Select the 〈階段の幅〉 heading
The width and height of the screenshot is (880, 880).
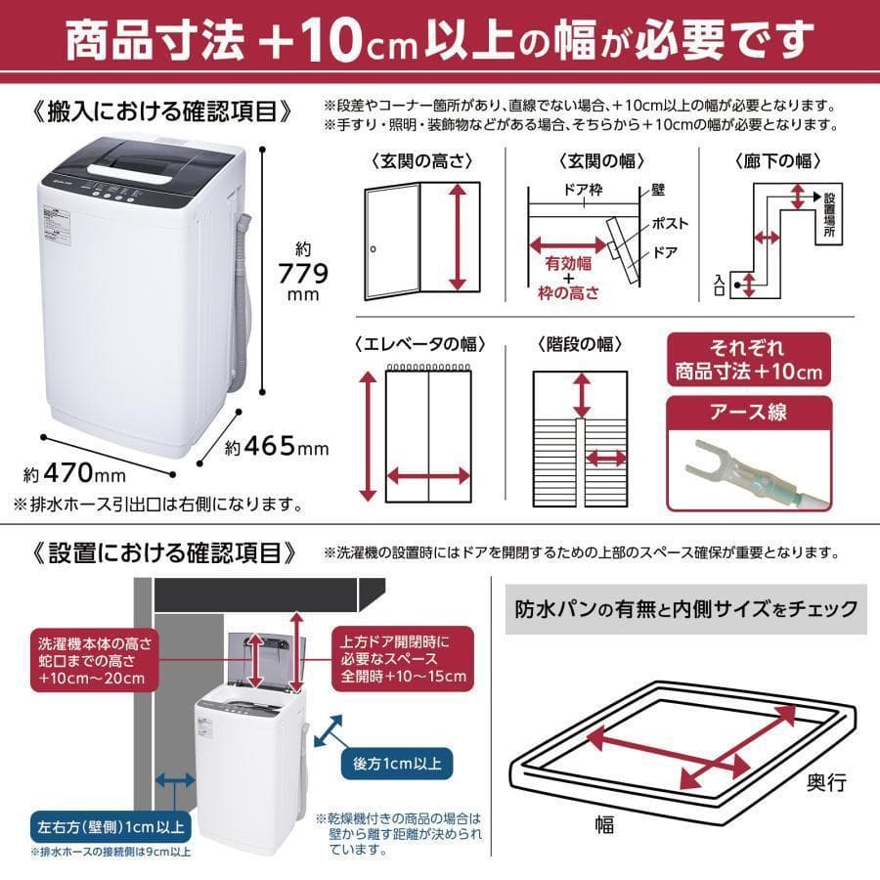pos(580,344)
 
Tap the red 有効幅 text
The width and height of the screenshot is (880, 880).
pos(567,262)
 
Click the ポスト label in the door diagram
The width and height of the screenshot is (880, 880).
pos(670,224)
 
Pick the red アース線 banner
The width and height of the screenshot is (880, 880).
pos(748,413)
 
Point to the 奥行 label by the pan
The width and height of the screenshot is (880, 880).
pos(826,782)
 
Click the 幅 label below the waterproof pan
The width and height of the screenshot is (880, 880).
pos(603,825)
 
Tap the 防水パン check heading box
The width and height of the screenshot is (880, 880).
pos(685,609)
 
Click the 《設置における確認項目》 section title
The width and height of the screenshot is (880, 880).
pos(164,552)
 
